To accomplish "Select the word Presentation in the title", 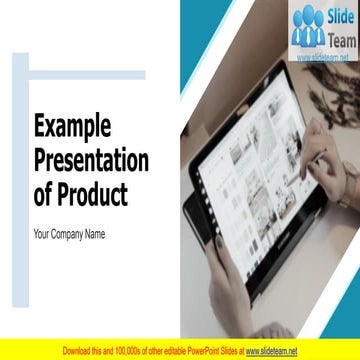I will tap(91, 160).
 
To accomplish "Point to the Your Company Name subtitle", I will tap(69, 235).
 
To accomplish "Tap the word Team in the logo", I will tap(340, 39).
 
